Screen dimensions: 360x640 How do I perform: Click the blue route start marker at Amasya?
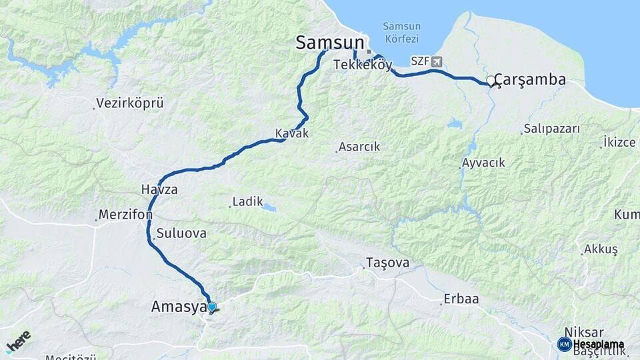212,307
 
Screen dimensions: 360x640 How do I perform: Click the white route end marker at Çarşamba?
491,81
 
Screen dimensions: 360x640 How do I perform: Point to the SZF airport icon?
437,61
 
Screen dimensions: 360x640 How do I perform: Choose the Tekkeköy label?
363,65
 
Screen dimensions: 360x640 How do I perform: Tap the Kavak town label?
292,133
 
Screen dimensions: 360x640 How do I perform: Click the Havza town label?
159,189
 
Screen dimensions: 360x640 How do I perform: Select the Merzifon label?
125,215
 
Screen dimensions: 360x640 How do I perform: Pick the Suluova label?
181,234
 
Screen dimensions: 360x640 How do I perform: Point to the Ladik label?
248,201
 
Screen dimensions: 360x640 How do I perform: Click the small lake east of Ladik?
269,208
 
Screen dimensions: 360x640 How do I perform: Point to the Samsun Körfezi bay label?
401,32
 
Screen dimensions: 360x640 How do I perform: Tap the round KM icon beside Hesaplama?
564,344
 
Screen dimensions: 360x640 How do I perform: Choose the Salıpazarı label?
552,129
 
